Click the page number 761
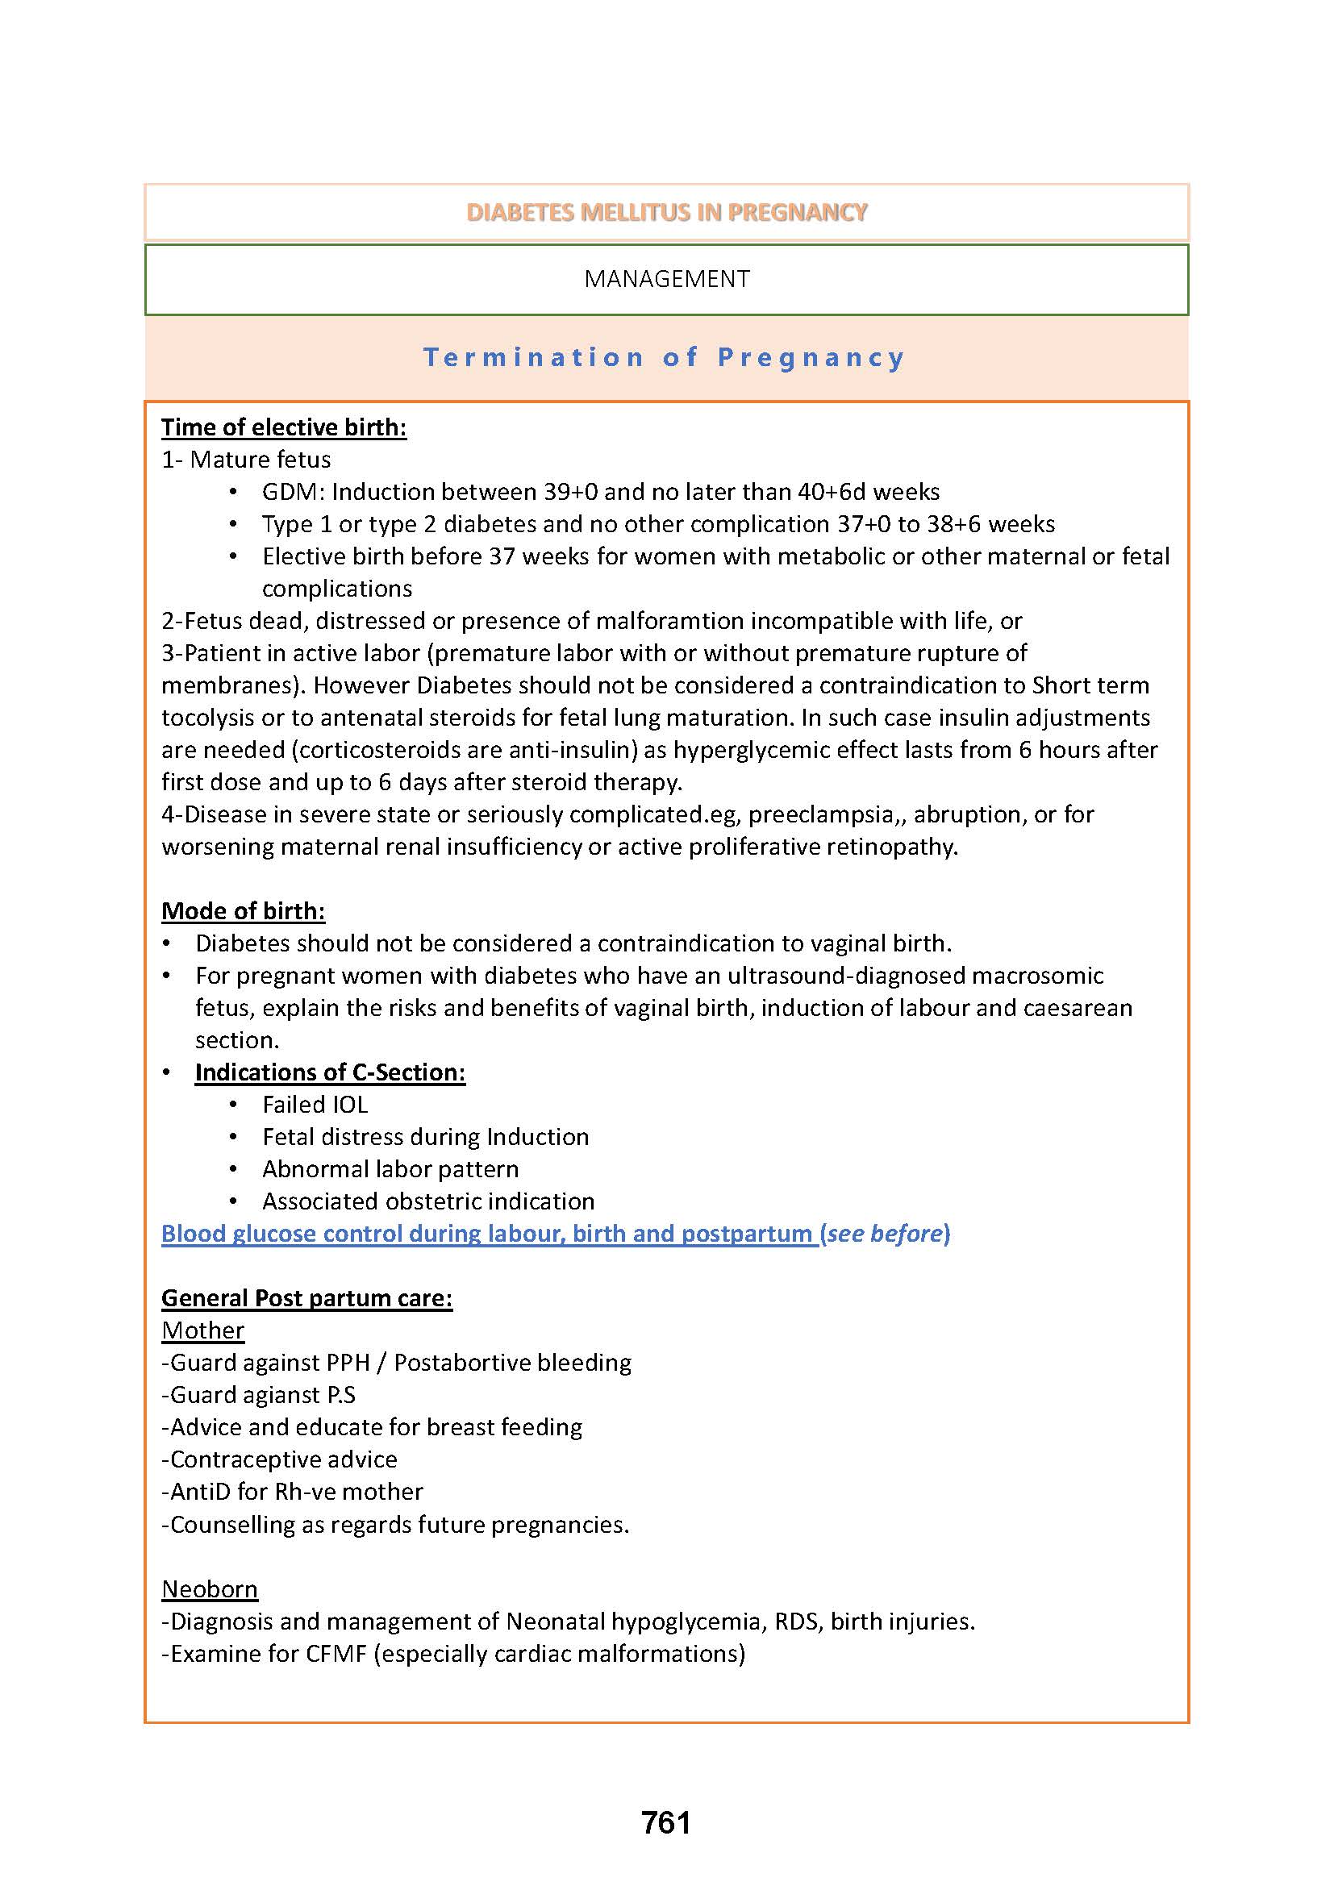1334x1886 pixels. (666, 1822)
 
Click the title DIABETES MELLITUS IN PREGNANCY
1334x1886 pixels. (666, 212)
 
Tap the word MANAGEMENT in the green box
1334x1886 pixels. (666, 279)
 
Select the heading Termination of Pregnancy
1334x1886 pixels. (664, 357)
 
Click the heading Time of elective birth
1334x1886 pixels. (283, 427)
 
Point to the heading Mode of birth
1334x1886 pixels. (243, 911)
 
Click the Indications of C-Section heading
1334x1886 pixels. (330, 1072)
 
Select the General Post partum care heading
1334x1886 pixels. (306, 1298)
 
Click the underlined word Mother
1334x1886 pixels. (203, 1330)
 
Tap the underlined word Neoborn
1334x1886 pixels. (210, 1589)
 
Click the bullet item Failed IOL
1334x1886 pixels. (315, 1105)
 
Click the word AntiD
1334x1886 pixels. (199, 1492)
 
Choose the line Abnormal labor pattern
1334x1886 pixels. (390, 1169)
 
